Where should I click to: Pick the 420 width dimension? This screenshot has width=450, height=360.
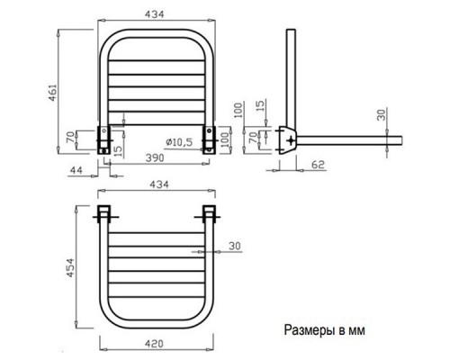[x=156, y=343]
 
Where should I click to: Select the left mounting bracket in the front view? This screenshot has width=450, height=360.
[x=105, y=139]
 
